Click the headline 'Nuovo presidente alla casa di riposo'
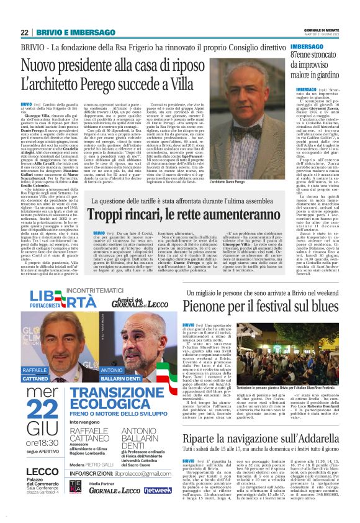124,66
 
